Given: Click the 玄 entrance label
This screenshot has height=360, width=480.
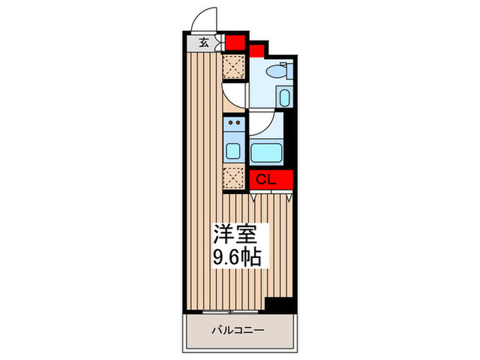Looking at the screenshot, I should [x=204, y=43].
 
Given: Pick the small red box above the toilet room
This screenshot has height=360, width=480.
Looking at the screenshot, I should [x=256, y=50].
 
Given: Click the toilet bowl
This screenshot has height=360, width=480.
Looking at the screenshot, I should [x=278, y=70].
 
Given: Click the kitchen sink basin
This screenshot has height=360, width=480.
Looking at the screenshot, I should [x=233, y=151].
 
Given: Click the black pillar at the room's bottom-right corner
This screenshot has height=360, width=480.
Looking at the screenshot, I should [x=280, y=304].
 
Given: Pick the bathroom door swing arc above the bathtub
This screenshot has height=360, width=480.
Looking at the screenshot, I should [x=261, y=125].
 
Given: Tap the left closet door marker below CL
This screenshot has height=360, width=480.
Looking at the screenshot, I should [x=253, y=197].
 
